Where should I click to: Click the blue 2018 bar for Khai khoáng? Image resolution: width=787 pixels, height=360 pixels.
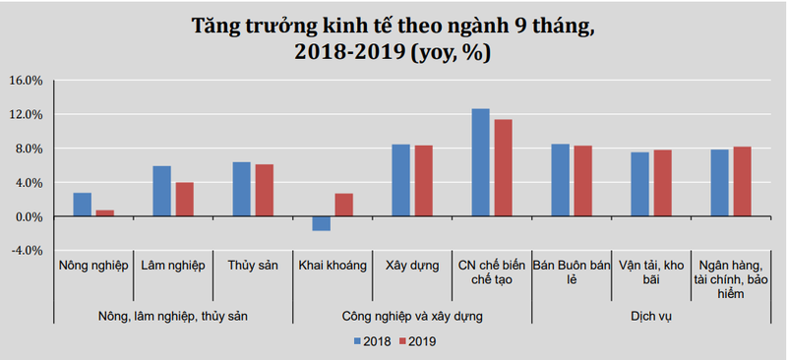click(321, 223)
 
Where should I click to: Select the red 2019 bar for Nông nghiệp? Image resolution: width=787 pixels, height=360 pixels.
click(104, 213)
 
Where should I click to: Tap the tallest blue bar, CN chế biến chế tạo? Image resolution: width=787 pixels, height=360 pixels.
click(480, 162)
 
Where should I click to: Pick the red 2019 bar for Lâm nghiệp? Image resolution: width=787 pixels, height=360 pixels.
click(184, 199)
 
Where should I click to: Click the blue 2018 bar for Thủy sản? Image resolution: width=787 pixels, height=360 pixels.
click(242, 189)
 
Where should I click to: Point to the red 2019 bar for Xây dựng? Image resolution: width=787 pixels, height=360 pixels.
click(423, 181)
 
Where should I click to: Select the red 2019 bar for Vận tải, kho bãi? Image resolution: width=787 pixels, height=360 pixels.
click(662, 183)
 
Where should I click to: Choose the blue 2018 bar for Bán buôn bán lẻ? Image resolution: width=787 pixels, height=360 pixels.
click(560, 180)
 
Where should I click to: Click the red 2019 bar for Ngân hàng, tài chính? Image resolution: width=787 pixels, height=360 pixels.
click(742, 181)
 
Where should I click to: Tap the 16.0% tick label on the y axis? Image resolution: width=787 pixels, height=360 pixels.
click(25, 81)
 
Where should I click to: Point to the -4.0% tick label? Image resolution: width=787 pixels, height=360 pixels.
click(25, 251)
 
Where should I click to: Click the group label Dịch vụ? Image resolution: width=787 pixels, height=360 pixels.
click(651, 317)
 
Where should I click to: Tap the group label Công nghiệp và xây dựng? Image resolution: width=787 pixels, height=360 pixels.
click(412, 317)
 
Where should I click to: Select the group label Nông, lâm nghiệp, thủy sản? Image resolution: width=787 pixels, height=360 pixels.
click(173, 317)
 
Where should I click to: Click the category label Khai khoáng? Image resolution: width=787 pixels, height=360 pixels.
click(332, 266)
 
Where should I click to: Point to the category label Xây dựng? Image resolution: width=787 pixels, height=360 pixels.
click(411, 266)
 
